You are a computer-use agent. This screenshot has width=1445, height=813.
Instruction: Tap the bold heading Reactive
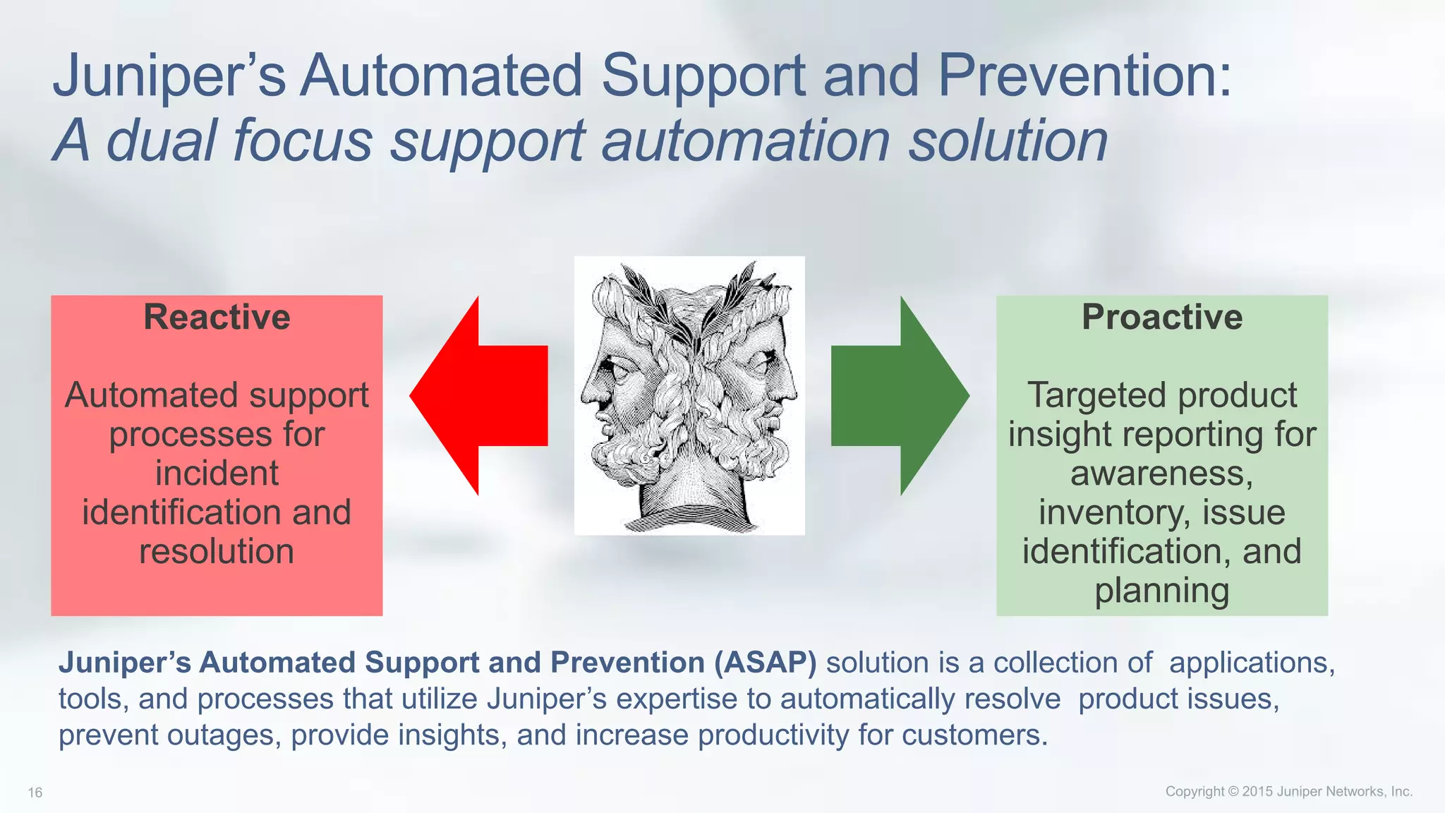pyautogui.click(x=217, y=317)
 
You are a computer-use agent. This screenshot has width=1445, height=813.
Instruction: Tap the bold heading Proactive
pyautogui.click(x=1162, y=317)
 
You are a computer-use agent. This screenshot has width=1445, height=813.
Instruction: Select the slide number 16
pyautogui.click(x=35, y=793)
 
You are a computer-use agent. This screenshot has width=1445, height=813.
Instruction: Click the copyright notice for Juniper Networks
pyautogui.click(x=1288, y=791)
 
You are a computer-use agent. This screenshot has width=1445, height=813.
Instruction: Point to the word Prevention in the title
pyautogui.click(x=1083, y=76)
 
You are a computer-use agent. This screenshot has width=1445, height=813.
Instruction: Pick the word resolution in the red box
pyautogui.click(x=217, y=551)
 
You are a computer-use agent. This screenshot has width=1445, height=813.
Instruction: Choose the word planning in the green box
pyautogui.click(x=1162, y=591)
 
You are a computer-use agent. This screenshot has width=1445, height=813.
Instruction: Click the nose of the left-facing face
pyautogui.click(x=587, y=395)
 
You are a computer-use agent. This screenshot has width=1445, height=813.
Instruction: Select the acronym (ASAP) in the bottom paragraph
pyautogui.click(x=765, y=663)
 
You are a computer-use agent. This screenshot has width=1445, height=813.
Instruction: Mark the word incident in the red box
pyautogui.click(x=217, y=473)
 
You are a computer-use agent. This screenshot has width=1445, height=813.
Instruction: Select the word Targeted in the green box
pyautogui.click(x=1092, y=395)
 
